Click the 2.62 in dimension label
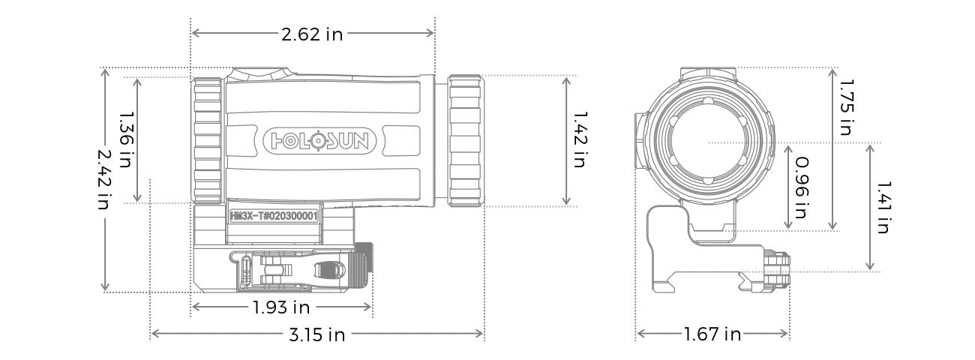[312, 34]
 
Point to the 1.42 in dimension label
[578, 140]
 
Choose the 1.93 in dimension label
[280, 307]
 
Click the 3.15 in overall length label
[316, 334]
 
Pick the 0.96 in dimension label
[801, 187]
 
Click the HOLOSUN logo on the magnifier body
[324, 140]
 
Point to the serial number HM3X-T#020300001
[275, 214]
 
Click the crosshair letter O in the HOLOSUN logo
[319, 140]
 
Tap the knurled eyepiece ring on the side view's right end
[466, 140]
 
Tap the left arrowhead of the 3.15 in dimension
[154, 334]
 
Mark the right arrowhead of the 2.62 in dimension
[431, 33]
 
